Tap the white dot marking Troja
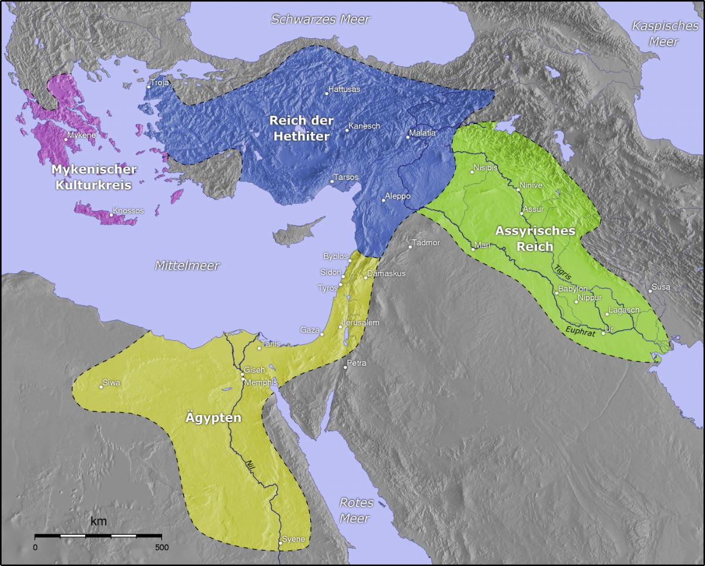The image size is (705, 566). (x=149, y=87)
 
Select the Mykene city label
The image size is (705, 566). (x=81, y=135)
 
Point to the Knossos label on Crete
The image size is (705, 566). (x=128, y=210)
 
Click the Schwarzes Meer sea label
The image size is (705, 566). (x=320, y=19)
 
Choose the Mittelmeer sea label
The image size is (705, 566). (x=187, y=266)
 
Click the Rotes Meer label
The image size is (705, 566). (x=356, y=510)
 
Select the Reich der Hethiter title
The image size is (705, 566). (x=301, y=128)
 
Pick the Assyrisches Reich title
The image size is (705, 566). (x=535, y=238)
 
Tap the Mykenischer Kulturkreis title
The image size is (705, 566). (x=94, y=177)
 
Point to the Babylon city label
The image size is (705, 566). (x=573, y=289)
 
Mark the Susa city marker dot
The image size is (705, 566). (x=650, y=291)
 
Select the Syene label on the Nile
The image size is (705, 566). (x=294, y=540)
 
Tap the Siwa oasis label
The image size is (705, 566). (x=112, y=383)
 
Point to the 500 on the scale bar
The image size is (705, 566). (x=162, y=547)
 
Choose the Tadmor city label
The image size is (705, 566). (x=426, y=243)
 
